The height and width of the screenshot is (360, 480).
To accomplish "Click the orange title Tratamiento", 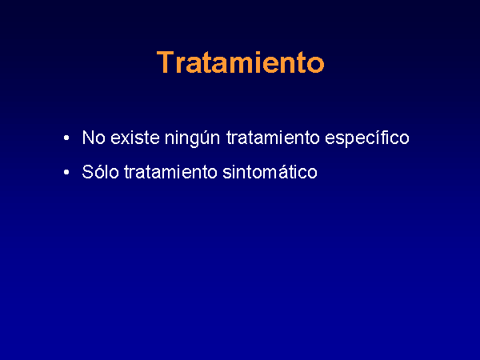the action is pos(240,62).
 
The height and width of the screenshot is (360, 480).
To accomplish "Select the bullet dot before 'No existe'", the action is pos(66,138).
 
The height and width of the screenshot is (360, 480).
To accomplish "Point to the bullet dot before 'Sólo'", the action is pos(66,172).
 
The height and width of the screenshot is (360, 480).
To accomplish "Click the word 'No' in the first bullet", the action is pos(94,138).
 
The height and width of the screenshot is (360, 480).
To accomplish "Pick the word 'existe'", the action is pos(135,138).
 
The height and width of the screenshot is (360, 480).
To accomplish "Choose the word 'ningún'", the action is pos(192,138).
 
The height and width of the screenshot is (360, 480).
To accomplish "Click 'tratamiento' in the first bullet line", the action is pos(273,138).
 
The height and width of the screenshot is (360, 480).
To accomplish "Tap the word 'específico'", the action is pos(367,138).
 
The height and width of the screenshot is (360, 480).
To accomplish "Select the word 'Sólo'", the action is pos(101,171).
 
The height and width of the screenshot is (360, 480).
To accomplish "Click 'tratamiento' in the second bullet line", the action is pos(170,172).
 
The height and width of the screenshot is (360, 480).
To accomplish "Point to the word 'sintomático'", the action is pos(270,172).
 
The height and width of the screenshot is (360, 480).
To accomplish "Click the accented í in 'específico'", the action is pos(380,138).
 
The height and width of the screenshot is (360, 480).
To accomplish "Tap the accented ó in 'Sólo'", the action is pos(102,172).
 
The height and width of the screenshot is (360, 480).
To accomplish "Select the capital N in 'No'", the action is pos(88,138).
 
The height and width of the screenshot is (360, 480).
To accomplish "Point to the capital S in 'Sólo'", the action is pos(88,172).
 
